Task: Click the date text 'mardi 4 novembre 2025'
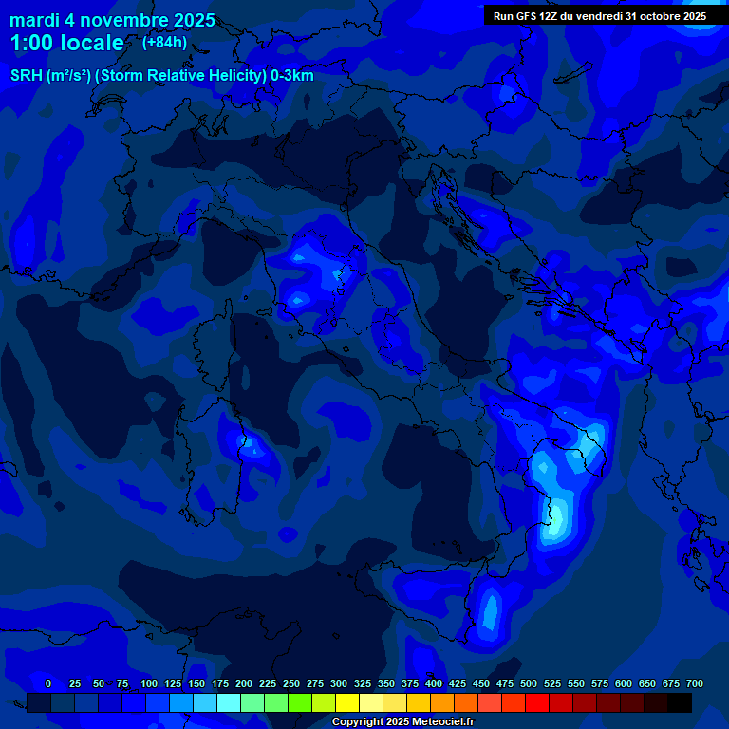112,20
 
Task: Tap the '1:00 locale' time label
66,43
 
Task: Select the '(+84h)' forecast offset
164,42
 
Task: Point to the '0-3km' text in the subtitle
292,76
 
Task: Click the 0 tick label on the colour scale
48,683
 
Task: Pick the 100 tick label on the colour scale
149,683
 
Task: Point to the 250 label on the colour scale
291,683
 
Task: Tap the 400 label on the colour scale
434,683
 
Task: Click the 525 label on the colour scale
552,683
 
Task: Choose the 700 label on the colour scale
695,683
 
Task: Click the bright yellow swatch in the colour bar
347,702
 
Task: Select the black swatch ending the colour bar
680,702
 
